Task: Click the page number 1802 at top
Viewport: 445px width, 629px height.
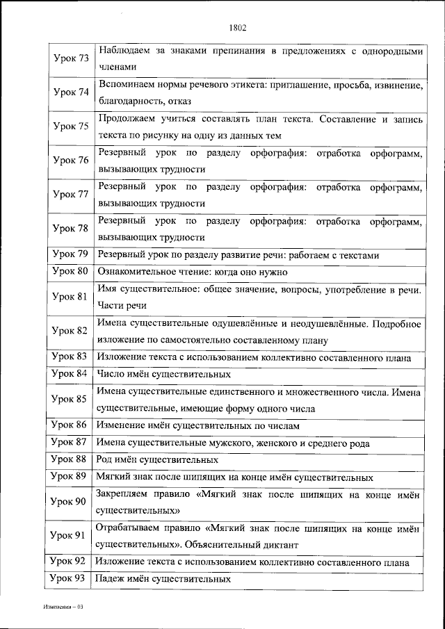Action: click(x=237, y=28)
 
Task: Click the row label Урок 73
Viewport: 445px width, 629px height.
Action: click(x=70, y=58)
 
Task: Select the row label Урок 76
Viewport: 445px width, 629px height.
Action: click(x=70, y=161)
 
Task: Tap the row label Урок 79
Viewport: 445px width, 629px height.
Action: click(x=70, y=254)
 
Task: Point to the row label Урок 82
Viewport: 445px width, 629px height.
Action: click(x=70, y=331)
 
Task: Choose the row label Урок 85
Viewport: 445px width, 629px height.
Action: click(x=70, y=399)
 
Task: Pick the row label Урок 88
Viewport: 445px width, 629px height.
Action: click(x=70, y=459)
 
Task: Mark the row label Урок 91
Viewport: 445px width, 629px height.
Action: click(x=70, y=536)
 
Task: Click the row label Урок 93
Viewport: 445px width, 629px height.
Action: click(x=70, y=578)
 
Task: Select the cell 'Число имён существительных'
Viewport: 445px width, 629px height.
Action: click(x=154, y=375)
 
